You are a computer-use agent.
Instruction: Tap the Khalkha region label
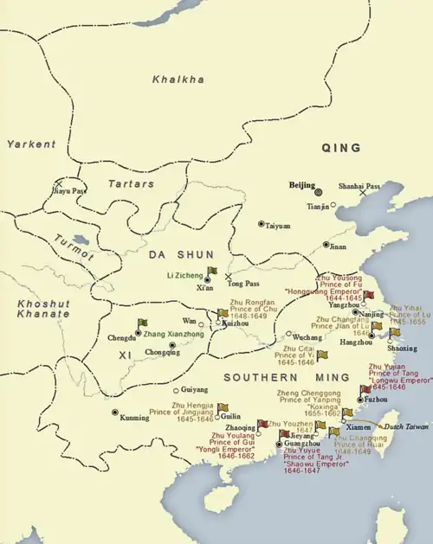pyautogui.click(x=178, y=80)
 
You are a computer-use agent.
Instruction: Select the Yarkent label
pyautogui.click(x=30, y=144)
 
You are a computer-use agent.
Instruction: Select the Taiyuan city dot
pyautogui.click(x=261, y=224)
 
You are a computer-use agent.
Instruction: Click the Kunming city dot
pyautogui.click(x=115, y=412)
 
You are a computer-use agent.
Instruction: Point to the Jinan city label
pyautogui.click(x=337, y=246)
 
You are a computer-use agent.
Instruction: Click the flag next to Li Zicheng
pyautogui.click(x=212, y=272)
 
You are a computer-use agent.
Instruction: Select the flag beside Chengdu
pyautogui.click(x=143, y=323)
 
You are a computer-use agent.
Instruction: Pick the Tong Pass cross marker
pyautogui.click(x=228, y=277)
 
